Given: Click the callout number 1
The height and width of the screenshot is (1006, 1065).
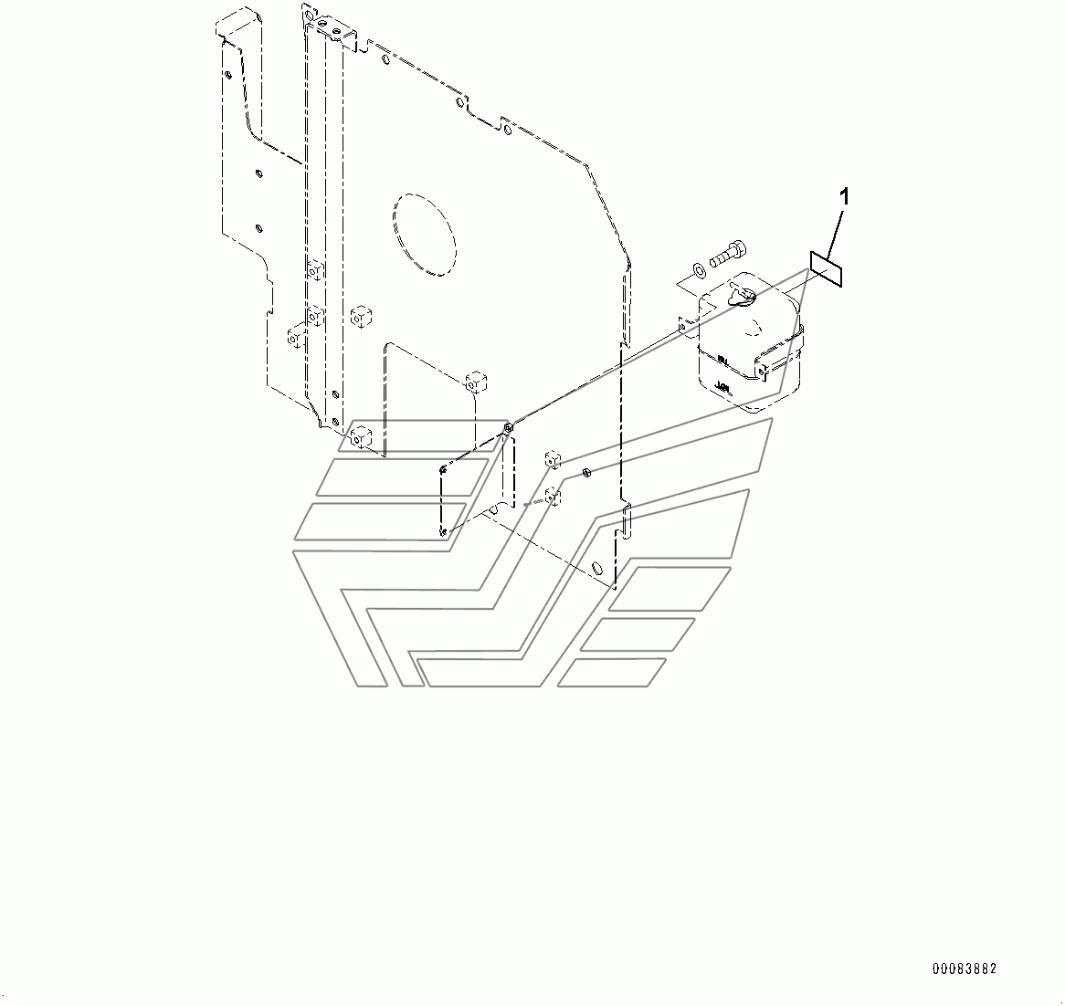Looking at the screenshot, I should [845, 196].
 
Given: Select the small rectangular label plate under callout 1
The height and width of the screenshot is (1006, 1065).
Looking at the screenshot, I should [828, 269].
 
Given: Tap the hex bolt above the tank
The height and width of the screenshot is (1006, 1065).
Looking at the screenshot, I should [727, 249].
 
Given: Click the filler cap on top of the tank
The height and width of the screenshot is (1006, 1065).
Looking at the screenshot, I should [743, 294].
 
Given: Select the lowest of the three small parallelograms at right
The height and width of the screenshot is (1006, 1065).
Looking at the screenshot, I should [612, 672].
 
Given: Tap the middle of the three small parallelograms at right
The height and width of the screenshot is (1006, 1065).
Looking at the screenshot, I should [638, 634].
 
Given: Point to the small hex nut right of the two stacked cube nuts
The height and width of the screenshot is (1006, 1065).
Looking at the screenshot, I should [586, 472].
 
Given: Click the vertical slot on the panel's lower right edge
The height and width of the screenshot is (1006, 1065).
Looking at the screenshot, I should [627, 520].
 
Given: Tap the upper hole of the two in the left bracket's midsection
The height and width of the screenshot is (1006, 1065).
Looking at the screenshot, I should [259, 173].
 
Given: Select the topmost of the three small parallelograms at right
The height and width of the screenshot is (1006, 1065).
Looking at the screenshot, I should [670, 588].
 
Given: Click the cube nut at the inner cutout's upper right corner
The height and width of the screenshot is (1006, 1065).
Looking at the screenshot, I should [475, 381].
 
